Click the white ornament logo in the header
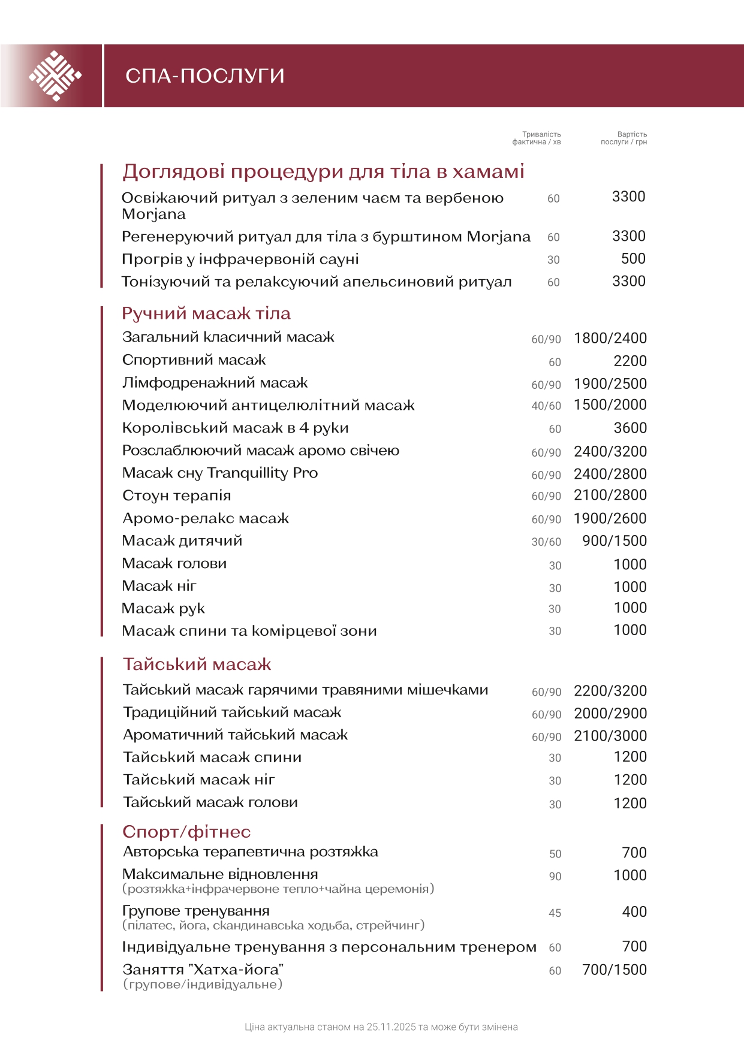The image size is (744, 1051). click(55, 76)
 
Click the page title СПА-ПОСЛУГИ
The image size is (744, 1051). click(204, 76)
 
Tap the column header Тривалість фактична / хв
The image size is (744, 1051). click(537, 138)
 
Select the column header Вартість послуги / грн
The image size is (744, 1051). click(624, 138)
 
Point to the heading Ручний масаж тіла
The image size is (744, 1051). click(206, 313)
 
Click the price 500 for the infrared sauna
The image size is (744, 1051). click(633, 259)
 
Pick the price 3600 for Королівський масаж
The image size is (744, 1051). click(630, 428)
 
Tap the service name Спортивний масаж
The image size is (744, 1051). click(194, 360)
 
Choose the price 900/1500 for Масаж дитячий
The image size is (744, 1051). click(615, 541)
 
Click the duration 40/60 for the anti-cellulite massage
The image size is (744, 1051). click(546, 406)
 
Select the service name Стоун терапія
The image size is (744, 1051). click(177, 496)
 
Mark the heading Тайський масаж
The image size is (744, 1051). click(197, 664)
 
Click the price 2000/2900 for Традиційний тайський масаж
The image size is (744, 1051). click(610, 714)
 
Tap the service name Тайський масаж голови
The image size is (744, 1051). click(210, 802)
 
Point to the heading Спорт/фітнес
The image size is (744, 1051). click(186, 832)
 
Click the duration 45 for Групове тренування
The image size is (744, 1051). click(555, 913)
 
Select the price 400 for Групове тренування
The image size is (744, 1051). click(634, 912)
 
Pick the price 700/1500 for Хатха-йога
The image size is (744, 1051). click(615, 970)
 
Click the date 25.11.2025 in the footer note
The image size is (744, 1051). click(391, 1027)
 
